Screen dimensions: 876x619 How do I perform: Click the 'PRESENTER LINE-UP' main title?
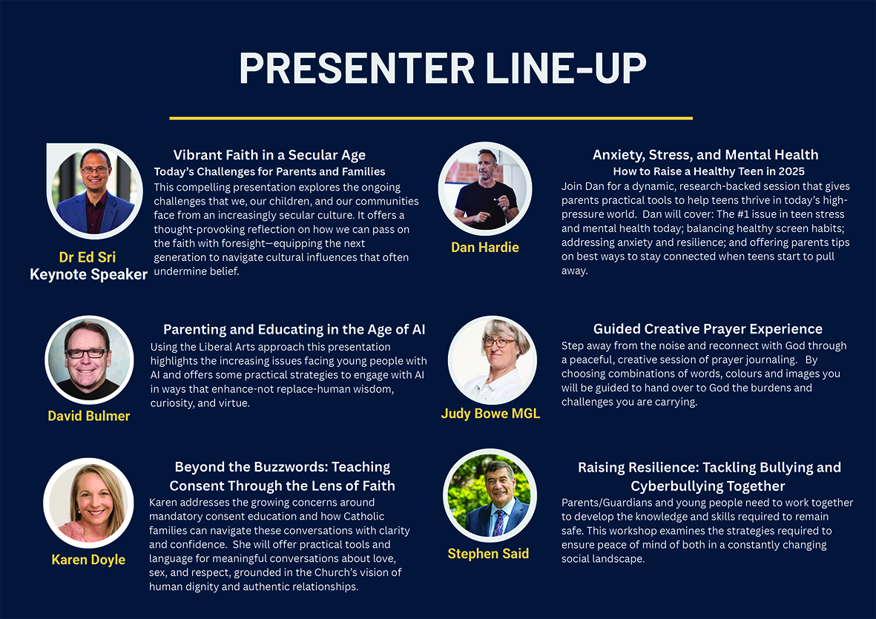click(443, 68)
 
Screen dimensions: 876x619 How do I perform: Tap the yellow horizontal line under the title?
click(431, 119)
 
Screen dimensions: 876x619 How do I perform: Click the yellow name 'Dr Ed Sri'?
click(88, 257)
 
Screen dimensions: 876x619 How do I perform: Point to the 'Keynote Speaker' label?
click(88, 274)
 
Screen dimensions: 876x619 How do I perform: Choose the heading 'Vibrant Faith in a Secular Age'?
click(269, 155)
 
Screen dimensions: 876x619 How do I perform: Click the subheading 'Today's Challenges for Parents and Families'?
click(269, 172)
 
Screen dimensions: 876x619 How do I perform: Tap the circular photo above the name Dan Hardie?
click(485, 188)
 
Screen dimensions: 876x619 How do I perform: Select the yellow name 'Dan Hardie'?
click(485, 248)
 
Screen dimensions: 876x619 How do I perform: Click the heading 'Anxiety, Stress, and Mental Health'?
click(705, 155)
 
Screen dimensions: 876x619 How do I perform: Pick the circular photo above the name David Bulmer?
click(90, 360)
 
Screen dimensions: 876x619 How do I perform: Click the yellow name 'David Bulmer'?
click(89, 416)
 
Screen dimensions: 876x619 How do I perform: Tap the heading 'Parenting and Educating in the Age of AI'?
click(294, 329)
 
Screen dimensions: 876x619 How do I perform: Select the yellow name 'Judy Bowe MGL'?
click(490, 414)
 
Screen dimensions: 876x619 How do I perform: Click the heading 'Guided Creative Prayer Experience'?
click(708, 329)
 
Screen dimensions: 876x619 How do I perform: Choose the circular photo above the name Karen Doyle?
click(88, 503)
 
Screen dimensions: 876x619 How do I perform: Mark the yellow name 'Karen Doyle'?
click(88, 560)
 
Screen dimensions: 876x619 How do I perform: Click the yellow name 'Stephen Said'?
click(488, 554)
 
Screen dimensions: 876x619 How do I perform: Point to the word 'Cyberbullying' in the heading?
click(669, 486)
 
